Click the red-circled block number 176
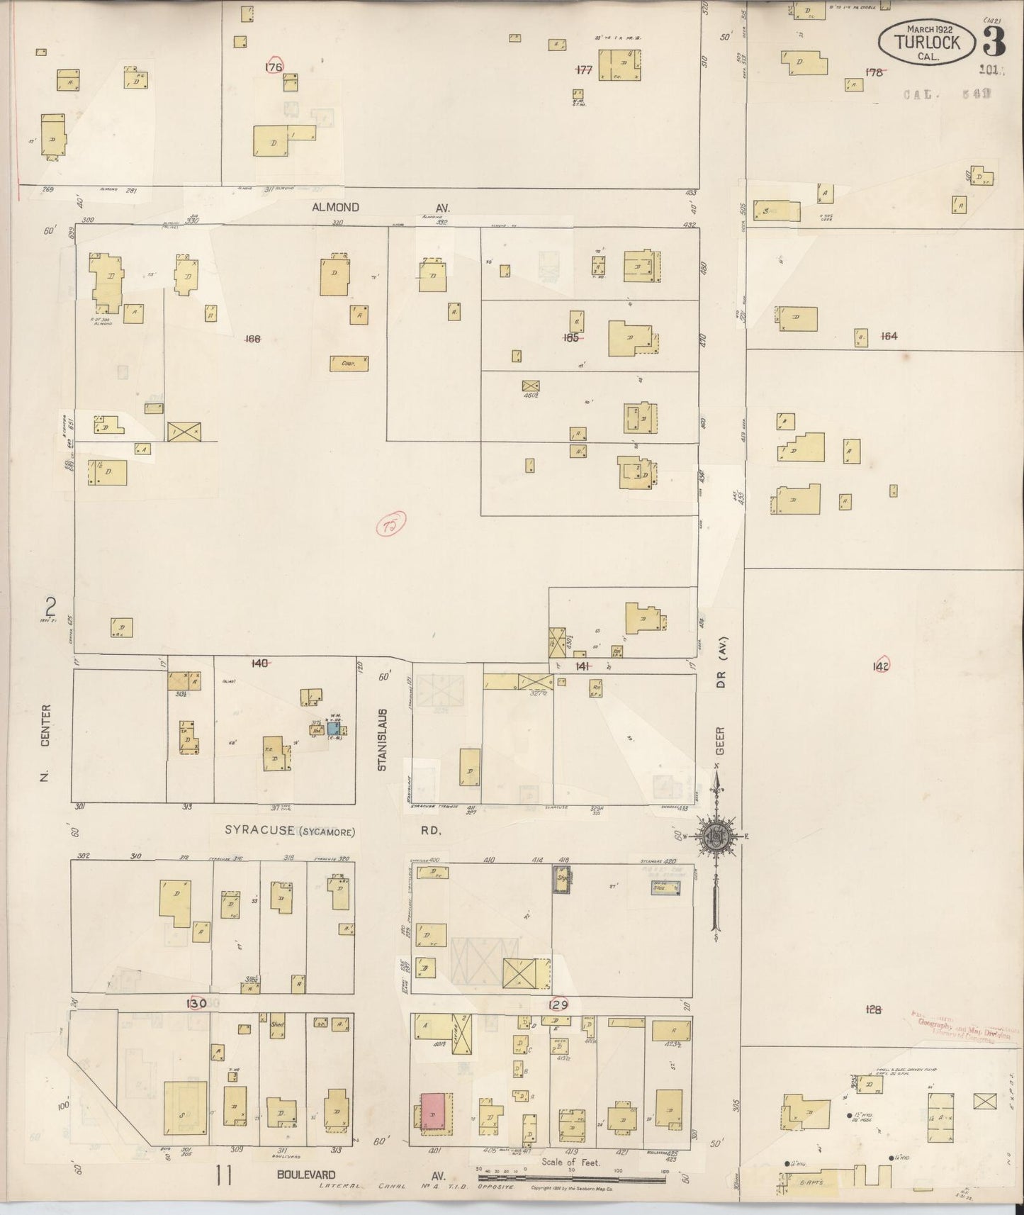click(274, 67)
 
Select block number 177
click(584, 69)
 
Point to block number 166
click(252, 339)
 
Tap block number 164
click(889, 336)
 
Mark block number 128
click(874, 1009)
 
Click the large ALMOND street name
click(335, 207)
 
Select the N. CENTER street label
click(45, 742)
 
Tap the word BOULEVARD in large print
click(307, 1175)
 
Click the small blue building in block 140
click(333, 728)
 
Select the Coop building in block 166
click(349, 363)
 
